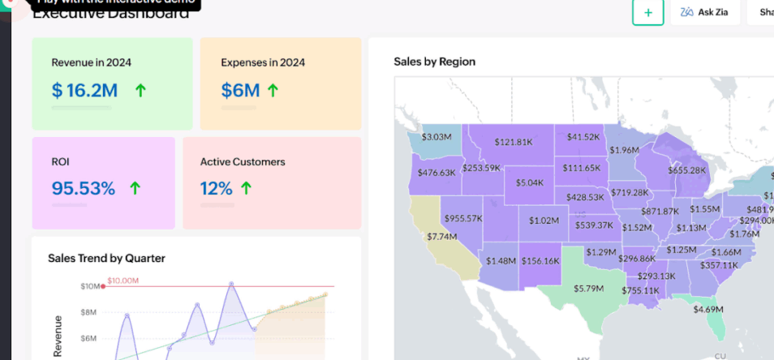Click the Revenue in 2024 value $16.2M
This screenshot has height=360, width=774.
pyautogui.click(x=84, y=90)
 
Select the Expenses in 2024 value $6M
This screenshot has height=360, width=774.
pyautogui.click(x=240, y=90)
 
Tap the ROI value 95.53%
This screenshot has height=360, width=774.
pyautogui.click(x=83, y=189)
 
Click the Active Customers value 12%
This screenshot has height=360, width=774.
pyautogui.click(x=217, y=189)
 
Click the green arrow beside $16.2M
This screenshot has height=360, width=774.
pyautogui.click(x=140, y=90)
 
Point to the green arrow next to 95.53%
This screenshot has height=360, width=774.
pyautogui.click(x=135, y=189)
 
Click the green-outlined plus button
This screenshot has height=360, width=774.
pyautogui.click(x=647, y=12)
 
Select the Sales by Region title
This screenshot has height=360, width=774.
pyautogui.click(x=434, y=62)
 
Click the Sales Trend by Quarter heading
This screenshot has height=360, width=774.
pyautogui.click(x=106, y=258)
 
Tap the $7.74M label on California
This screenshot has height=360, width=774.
pyautogui.click(x=442, y=236)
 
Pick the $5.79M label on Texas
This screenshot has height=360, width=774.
pyautogui.click(x=589, y=288)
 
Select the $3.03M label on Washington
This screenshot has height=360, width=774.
pyautogui.click(x=436, y=137)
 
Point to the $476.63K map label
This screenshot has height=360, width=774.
pyautogui.click(x=436, y=172)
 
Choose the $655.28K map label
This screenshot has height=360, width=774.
pyautogui.click(x=687, y=170)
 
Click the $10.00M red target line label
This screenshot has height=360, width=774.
pyautogui.click(x=123, y=281)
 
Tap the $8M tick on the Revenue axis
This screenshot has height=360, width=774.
pyautogui.click(x=88, y=312)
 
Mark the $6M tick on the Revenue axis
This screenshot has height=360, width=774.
pyautogui.click(x=88, y=338)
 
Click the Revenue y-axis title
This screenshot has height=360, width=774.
pyautogui.click(x=58, y=336)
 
